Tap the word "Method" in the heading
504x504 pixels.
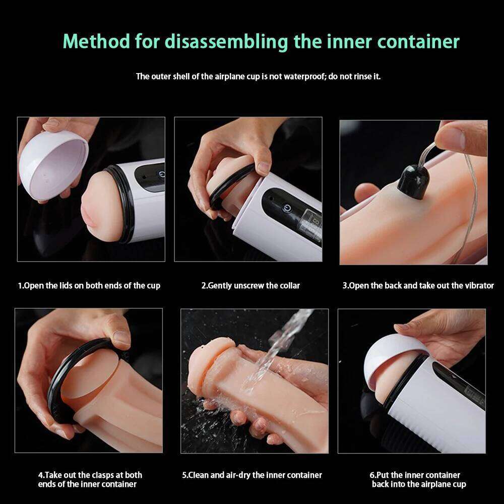[96, 41]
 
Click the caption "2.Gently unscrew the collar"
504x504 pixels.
[250, 286]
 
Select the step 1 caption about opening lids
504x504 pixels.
[89, 286]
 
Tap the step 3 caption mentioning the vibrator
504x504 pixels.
[418, 286]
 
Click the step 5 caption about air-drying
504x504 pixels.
[251, 475]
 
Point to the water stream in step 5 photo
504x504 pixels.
[282, 343]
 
